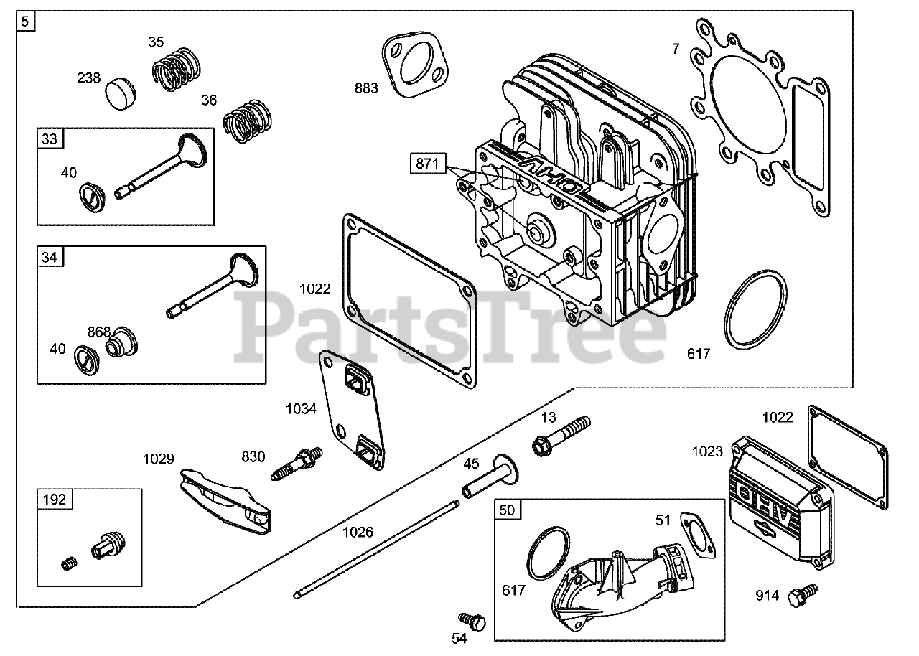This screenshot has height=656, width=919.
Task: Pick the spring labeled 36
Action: click(246, 119)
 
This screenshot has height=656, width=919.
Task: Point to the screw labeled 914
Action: click(802, 594)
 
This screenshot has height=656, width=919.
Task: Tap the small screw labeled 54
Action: click(472, 619)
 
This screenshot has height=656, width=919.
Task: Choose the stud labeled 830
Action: click(298, 464)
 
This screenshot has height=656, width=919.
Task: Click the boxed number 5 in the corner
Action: click(26, 21)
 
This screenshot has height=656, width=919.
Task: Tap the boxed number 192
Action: click(53, 499)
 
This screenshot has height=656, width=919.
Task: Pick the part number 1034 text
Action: click(301, 409)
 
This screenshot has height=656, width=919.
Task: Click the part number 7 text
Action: click(676, 49)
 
